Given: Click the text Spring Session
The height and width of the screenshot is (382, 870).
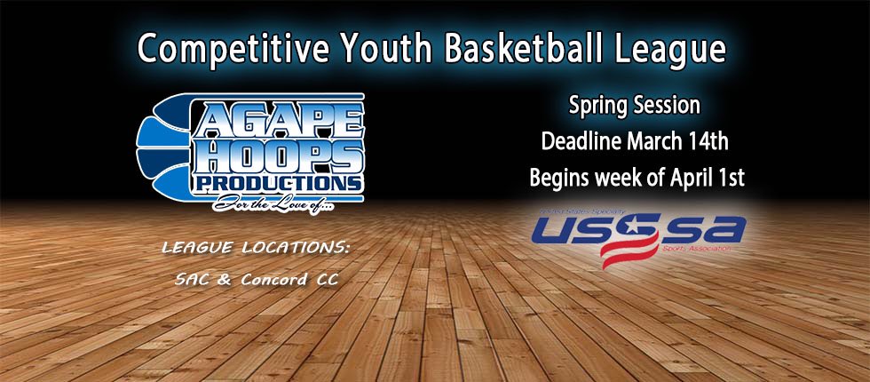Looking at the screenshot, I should (635, 106).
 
